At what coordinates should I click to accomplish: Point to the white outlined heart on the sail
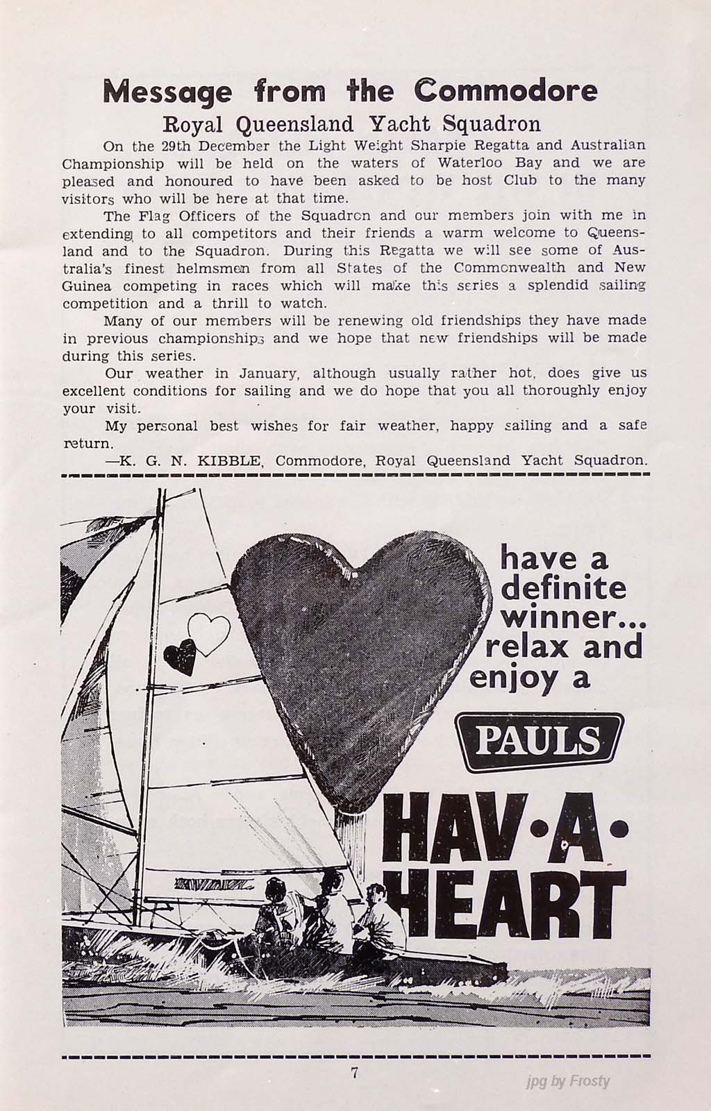click(208, 633)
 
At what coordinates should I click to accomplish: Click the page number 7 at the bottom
click(355, 1072)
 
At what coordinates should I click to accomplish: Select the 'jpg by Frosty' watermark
click(568, 1081)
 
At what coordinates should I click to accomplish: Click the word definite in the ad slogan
click(562, 588)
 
